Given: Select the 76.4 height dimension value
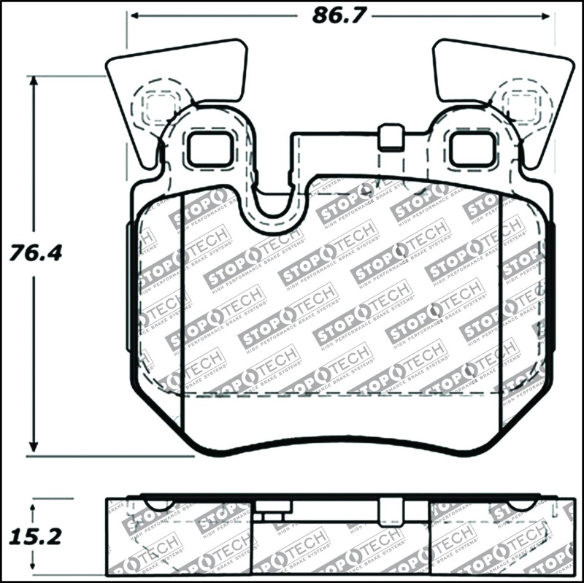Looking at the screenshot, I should (34, 254).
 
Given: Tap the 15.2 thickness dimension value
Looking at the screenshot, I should (34, 537).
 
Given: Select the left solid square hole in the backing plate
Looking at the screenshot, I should (209, 149).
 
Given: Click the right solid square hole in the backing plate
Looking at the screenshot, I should (472, 149).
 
